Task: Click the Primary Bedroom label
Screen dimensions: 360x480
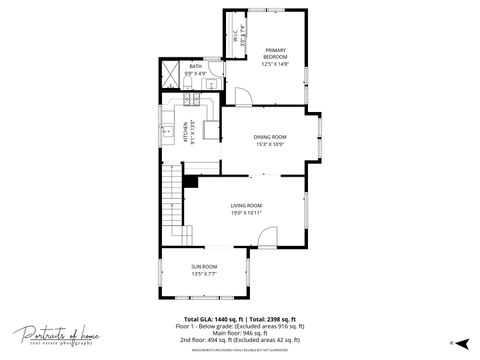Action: click(276, 54)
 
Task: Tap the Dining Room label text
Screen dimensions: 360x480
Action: click(270, 137)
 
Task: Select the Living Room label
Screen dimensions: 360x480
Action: click(246, 205)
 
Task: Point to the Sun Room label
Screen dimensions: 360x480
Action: click(204, 266)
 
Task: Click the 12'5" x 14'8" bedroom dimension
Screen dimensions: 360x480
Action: click(276, 64)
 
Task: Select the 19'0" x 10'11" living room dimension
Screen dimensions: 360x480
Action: click(246, 212)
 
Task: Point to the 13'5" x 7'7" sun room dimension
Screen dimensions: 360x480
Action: click(204, 273)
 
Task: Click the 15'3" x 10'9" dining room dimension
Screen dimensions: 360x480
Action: click(270, 144)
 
